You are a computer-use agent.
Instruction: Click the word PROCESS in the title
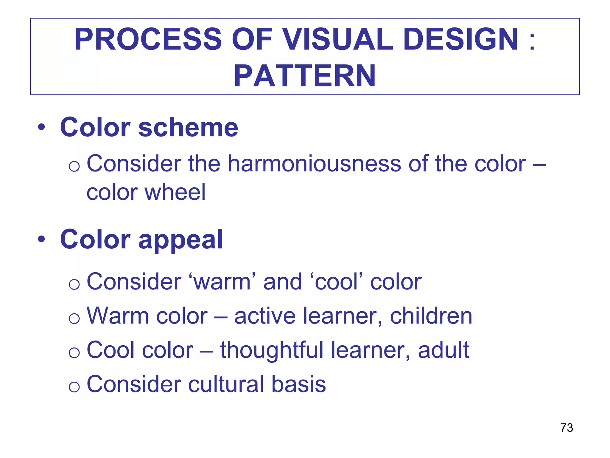148,39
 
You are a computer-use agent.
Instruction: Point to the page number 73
567,428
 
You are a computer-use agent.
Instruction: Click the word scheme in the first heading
188,128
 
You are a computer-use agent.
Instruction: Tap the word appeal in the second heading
180,240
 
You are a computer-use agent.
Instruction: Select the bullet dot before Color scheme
41,127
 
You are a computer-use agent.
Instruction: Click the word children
431,316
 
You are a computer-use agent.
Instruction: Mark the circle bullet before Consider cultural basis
74,387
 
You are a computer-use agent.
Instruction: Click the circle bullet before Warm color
74,318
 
